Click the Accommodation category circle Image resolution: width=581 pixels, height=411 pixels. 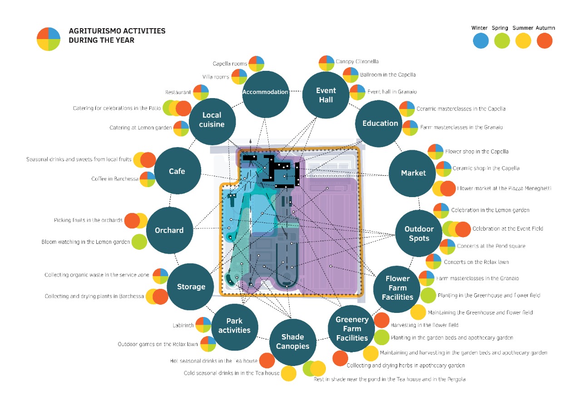click(x=266, y=92)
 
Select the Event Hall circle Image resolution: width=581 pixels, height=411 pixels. click(x=326, y=95)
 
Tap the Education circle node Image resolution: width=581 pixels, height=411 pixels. click(x=380, y=124)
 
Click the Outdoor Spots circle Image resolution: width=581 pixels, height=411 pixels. click(x=419, y=233)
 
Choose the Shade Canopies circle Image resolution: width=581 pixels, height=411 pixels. click(x=292, y=342)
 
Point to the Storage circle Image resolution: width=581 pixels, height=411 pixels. click(x=191, y=287)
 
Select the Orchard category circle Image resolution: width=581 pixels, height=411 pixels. click(x=169, y=230)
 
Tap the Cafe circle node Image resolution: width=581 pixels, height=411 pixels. click(x=177, y=171)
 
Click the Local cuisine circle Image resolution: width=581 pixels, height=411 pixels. click(x=212, y=120)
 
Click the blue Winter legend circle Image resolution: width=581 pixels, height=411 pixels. click(x=480, y=41)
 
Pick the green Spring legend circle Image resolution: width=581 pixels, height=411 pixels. click(x=501, y=41)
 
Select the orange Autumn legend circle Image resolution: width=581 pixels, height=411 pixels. click(x=545, y=41)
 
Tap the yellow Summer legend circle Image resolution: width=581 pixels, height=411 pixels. click(x=523, y=41)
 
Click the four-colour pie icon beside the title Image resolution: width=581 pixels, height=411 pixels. click(x=49, y=39)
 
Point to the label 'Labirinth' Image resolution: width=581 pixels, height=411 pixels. click(x=183, y=325)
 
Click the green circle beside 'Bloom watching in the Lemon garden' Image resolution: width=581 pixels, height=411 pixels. click(x=139, y=242)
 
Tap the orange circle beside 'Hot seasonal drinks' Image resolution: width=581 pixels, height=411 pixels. click(x=267, y=361)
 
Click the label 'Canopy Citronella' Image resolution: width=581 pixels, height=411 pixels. click(x=357, y=61)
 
